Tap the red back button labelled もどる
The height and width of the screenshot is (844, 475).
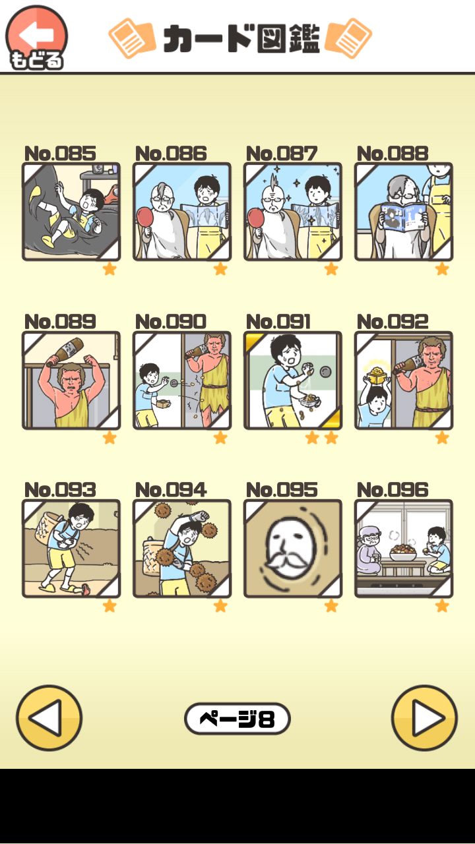(36, 38)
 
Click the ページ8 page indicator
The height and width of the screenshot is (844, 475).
(237, 719)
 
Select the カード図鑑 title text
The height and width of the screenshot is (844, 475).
(241, 38)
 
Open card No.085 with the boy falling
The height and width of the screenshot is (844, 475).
(71, 212)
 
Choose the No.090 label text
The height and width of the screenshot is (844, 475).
(171, 322)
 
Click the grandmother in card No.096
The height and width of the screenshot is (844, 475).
(371, 551)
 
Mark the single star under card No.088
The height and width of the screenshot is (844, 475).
(442, 269)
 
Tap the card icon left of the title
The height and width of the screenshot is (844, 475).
(132, 38)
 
